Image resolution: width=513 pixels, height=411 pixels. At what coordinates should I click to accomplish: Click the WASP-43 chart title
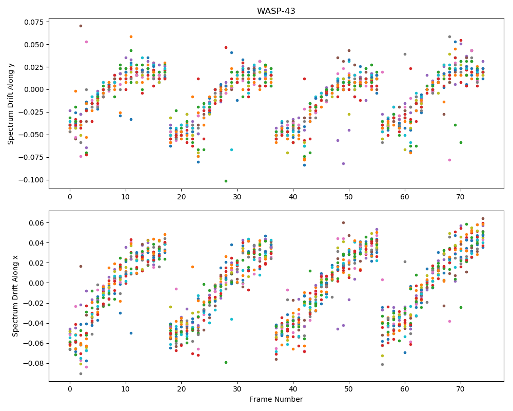coord(276,11)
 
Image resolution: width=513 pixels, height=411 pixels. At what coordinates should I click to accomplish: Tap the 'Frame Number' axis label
coord(276,399)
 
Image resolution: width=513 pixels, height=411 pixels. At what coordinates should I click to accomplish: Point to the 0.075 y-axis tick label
coord(34,22)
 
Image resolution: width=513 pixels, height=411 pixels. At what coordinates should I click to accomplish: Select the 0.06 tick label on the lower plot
coord(38,223)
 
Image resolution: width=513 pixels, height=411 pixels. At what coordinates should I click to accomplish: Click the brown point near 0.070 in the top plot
coord(81,26)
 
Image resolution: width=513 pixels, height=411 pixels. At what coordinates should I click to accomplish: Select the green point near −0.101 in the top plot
coord(226,181)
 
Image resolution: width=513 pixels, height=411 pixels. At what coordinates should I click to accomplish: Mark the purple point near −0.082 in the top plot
coord(343,163)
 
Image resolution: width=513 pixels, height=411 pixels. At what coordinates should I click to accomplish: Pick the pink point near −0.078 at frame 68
coord(449,160)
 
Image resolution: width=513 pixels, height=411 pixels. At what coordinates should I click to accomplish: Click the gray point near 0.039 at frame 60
coord(405,54)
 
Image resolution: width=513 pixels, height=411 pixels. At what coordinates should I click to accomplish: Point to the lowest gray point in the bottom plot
coord(81,373)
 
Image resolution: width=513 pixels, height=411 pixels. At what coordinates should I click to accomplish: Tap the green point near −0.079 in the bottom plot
coord(226,363)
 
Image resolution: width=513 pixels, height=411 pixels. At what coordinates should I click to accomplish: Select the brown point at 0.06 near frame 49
coord(343,222)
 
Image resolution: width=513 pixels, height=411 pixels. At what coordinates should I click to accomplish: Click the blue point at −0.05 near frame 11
coord(131,333)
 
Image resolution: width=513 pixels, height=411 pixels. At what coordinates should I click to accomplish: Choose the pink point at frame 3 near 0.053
coord(86,42)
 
